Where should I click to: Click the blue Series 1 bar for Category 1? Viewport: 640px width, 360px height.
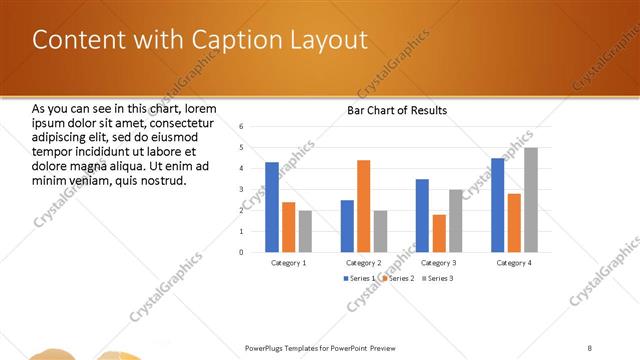click(272, 207)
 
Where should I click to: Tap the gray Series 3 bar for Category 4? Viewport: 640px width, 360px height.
click(530, 200)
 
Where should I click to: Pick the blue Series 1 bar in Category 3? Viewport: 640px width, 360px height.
click(422, 215)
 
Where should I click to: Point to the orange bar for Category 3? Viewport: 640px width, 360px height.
click(439, 233)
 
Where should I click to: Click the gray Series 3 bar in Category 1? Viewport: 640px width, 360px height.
click(305, 231)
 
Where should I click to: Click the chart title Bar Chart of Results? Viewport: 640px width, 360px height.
click(397, 110)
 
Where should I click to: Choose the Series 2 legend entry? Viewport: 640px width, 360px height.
click(397, 277)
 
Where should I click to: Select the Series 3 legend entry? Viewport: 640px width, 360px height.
click(437, 277)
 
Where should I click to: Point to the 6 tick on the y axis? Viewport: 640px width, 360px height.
click(241, 127)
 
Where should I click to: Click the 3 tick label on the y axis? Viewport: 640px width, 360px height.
click(241, 189)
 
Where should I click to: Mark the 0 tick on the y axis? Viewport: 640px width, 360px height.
click(241, 252)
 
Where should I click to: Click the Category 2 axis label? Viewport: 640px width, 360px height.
click(364, 262)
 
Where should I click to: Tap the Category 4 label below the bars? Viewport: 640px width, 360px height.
click(514, 262)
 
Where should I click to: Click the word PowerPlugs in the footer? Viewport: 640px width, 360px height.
click(266, 348)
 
